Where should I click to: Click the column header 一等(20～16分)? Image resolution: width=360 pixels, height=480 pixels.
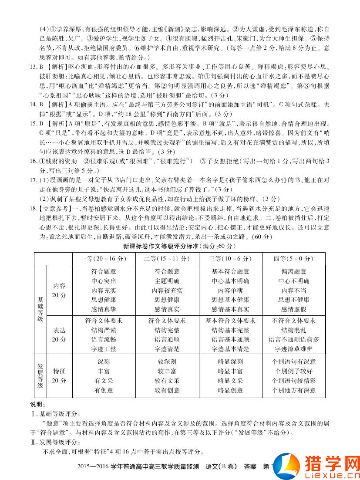104,259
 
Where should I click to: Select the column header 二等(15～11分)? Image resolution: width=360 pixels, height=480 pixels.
167,259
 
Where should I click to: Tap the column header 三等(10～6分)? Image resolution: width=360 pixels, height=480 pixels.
230,259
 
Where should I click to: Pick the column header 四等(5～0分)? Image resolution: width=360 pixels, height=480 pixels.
294,259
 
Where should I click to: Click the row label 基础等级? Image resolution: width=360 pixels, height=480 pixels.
40,309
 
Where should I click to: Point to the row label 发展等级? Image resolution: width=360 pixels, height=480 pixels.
40,375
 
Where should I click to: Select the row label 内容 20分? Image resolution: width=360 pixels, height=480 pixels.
59,291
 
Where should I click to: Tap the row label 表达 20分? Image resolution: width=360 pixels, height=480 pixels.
59,335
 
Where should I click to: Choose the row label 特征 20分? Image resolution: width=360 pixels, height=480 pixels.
59,375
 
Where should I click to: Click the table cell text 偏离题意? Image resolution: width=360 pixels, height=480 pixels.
294,271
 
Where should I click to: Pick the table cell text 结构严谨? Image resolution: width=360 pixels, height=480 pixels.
104,330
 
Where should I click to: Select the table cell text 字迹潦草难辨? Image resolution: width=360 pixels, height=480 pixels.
294,349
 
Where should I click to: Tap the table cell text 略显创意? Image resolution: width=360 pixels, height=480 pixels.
230,390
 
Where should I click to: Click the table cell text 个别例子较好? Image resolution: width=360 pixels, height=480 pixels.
294,371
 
